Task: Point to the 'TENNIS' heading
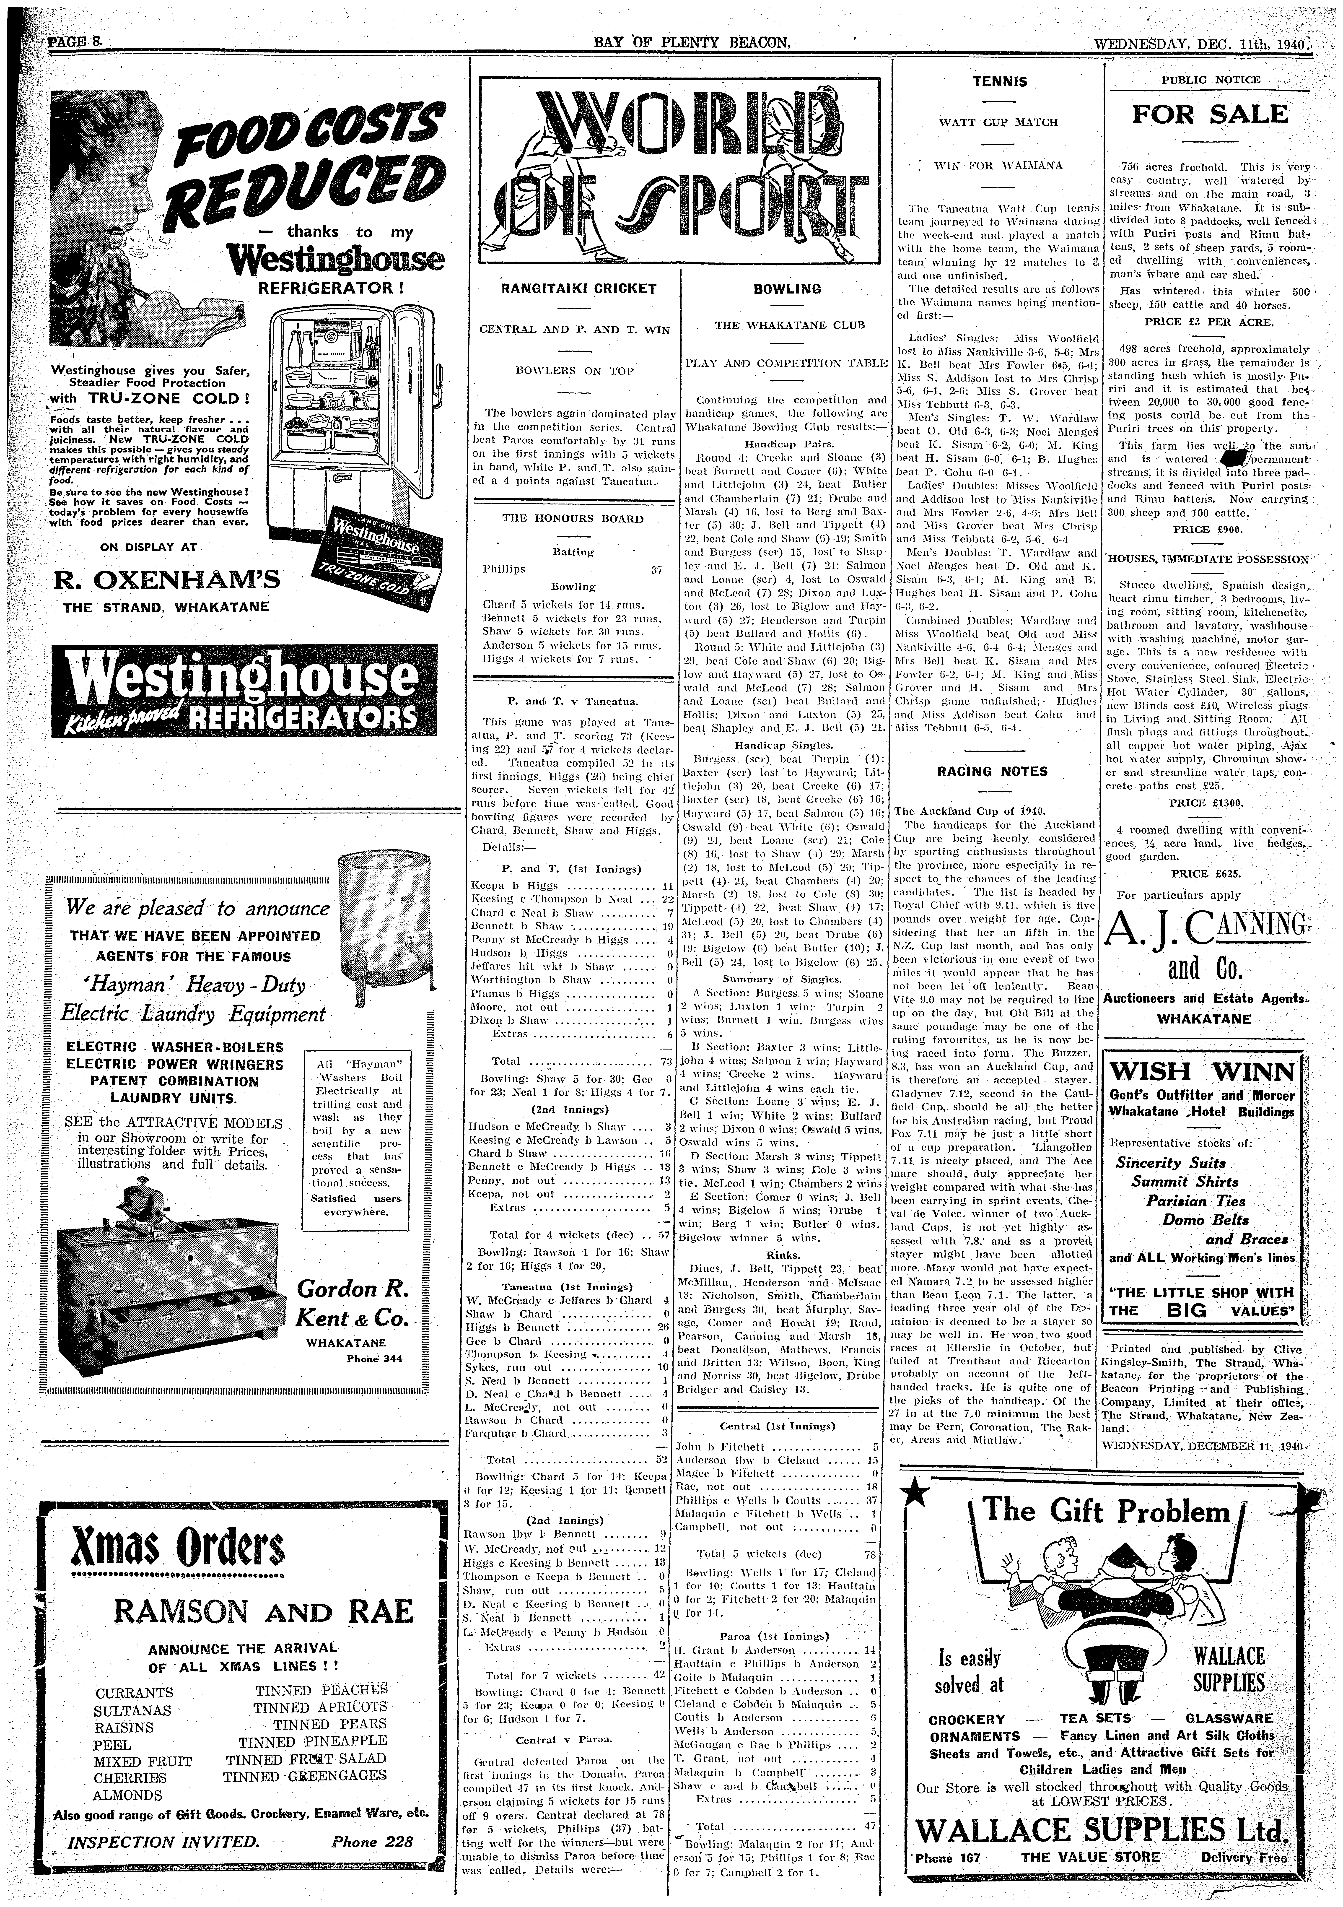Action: coord(999,81)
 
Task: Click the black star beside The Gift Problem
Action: coord(918,1493)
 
